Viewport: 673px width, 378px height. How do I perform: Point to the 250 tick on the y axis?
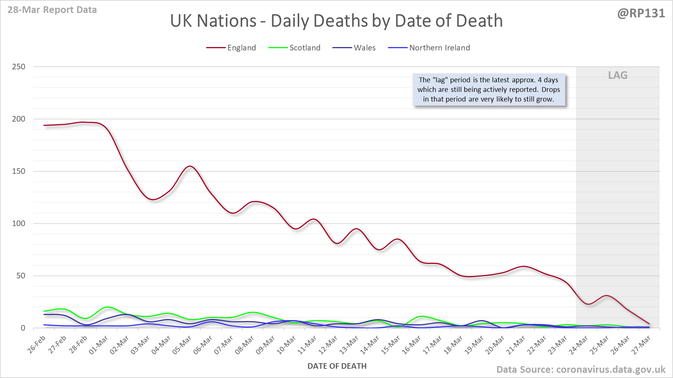[19, 67]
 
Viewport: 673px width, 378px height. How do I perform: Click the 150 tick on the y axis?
[19, 171]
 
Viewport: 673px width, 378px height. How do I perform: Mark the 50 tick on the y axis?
[21, 276]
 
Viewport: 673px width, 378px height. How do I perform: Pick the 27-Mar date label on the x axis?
[641, 345]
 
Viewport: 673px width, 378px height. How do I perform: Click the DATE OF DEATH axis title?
[337, 366]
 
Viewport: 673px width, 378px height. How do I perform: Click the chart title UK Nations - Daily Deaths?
[336, 21]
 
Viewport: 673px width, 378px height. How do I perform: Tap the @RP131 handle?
[641, 13]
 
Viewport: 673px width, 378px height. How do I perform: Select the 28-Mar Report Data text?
[52, 10]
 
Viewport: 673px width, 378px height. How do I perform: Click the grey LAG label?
[617, 75]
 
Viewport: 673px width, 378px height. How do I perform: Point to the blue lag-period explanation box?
[489, 90]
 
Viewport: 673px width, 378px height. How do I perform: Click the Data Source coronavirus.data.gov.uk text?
[580, 369]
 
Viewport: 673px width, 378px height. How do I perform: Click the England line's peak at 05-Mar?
[190, 166]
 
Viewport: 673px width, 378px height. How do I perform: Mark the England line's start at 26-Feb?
[44, 125]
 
